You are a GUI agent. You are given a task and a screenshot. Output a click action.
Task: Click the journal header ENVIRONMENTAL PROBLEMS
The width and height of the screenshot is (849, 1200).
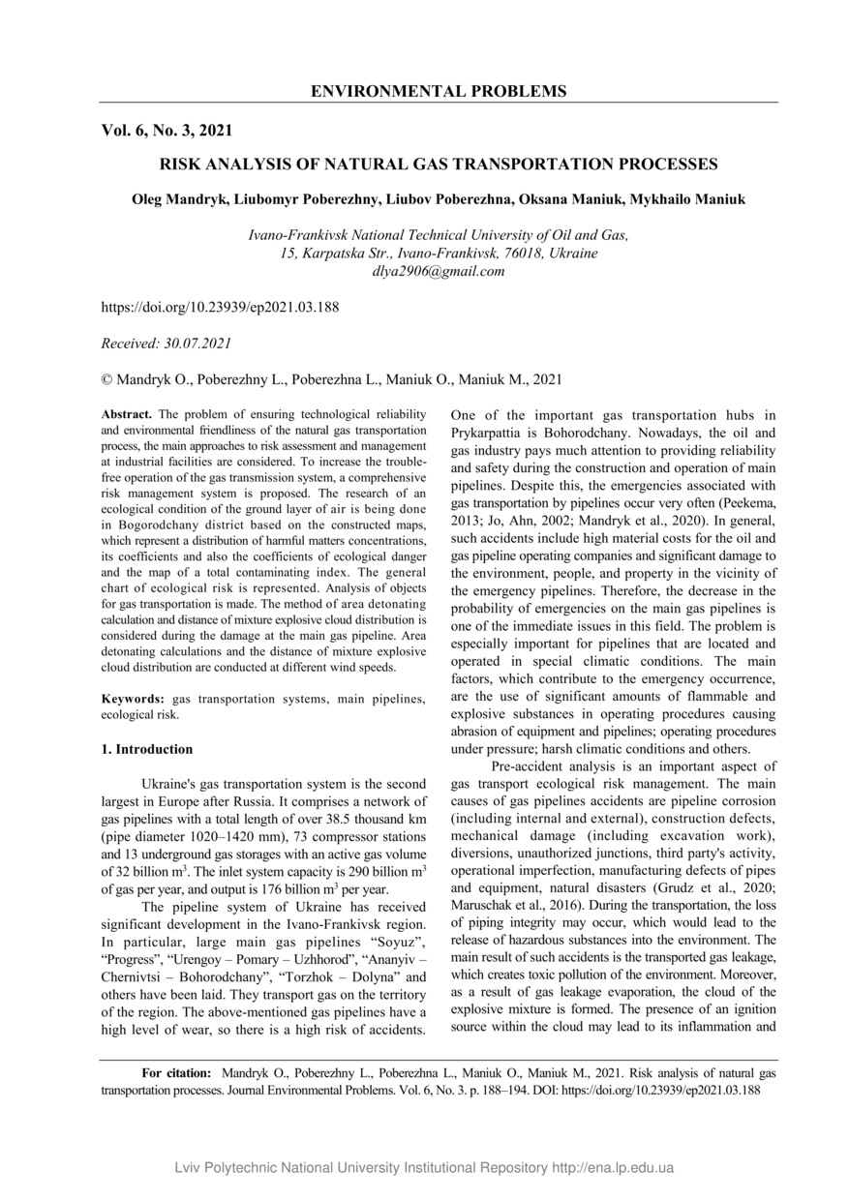point(439,92)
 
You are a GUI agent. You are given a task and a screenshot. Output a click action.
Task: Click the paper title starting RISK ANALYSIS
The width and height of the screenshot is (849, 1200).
point(439,165)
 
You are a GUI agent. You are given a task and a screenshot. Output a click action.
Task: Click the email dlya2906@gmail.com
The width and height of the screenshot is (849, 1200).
point(439,271)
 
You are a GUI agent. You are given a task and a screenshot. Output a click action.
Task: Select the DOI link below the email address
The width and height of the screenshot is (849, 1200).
point(220,307)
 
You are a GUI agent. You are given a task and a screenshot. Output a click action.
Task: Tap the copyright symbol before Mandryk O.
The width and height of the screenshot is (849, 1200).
point(106,379)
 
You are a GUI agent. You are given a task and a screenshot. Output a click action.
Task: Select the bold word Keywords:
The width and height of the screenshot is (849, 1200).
point(134,699)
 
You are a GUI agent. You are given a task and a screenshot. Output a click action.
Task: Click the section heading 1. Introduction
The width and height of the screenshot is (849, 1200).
point(147,749)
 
